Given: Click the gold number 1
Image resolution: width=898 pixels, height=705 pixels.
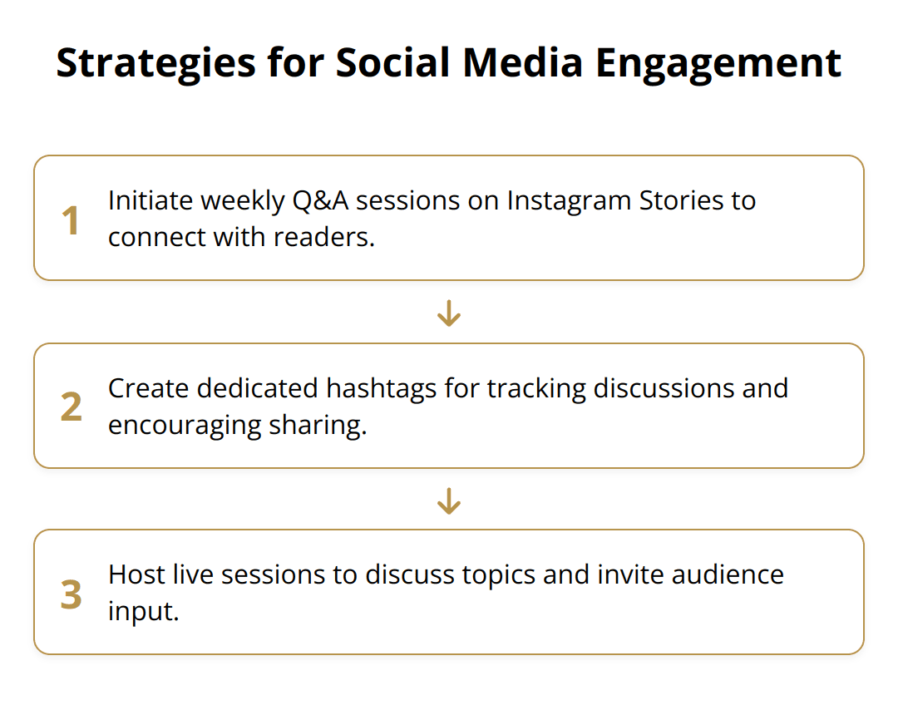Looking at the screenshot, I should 72,219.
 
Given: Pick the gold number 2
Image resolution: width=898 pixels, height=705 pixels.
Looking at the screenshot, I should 72,407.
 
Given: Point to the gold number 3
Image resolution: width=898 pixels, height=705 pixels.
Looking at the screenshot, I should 72,594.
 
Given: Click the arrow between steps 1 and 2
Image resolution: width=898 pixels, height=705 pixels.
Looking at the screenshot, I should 449,313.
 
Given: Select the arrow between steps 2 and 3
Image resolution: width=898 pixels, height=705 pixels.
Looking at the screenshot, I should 449,501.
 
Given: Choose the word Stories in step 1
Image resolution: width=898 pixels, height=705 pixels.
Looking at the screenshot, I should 683,201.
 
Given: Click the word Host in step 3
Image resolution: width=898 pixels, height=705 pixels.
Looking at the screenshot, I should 130,575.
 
